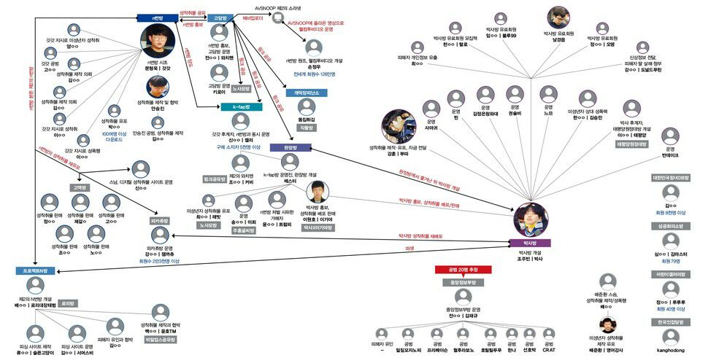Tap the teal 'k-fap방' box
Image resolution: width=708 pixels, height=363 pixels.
point(241,107)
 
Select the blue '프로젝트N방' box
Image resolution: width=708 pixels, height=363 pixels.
point(34,270)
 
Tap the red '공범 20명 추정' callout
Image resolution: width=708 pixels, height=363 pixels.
point(463,268)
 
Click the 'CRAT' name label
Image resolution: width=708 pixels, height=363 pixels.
point(549,350)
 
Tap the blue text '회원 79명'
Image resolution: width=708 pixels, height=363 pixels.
point(672,260)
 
